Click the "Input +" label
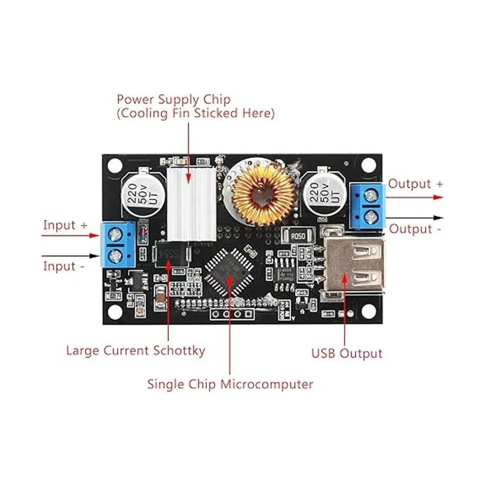pyautogui.click(x=65, y=225)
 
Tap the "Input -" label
pyautogui.click(x=64, y=266)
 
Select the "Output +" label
pyautogui.click(x=415, y=184)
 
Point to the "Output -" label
pyautogui.click(x=415, y=229)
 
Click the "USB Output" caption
pyautogui.click(x=346, y=353)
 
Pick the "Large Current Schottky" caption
pyautogui.click(x=135, y=350)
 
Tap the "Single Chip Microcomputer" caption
pyautogui.click(x=230, y=384)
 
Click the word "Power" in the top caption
pyautogui.click(x=136, y=99)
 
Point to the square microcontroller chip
pyautogui.click(x=229, y=270)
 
